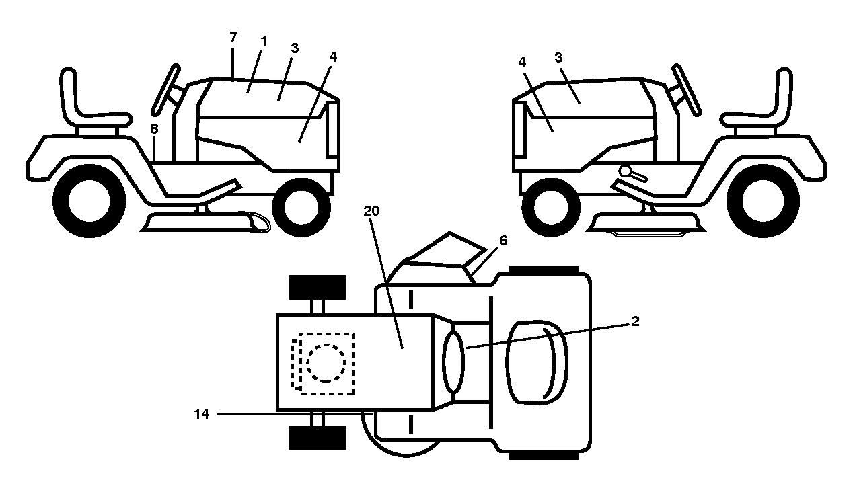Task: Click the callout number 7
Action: click(x=233, y=37)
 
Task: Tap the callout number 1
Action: click(x=264, y=41)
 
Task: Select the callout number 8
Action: click(x=154, y=129)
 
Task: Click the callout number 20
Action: click(x=371, y=211)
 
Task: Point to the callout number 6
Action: click(x=503, y=241)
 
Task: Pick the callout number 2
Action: click(x=635, y=321)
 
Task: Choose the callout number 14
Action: click(x=202, y=414)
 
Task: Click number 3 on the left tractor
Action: click(x=294, y=48)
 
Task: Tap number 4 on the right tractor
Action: click(x=522, y=62)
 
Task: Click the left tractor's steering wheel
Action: click(x=166, y=90)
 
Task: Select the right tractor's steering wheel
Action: click(x=686, y=90)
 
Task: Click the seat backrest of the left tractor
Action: click(x=69, y=95)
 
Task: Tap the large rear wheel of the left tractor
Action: click(x=89, y=200)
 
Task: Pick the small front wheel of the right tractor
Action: click(x=551, y=208)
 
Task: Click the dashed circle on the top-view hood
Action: click(x=326, y=363)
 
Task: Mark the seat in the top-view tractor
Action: click(x=537, y=363)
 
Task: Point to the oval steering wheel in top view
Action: click(x=453, y=362)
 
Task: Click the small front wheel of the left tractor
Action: click(x=301, y=208)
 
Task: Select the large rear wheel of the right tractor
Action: click(x=764, y=200)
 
